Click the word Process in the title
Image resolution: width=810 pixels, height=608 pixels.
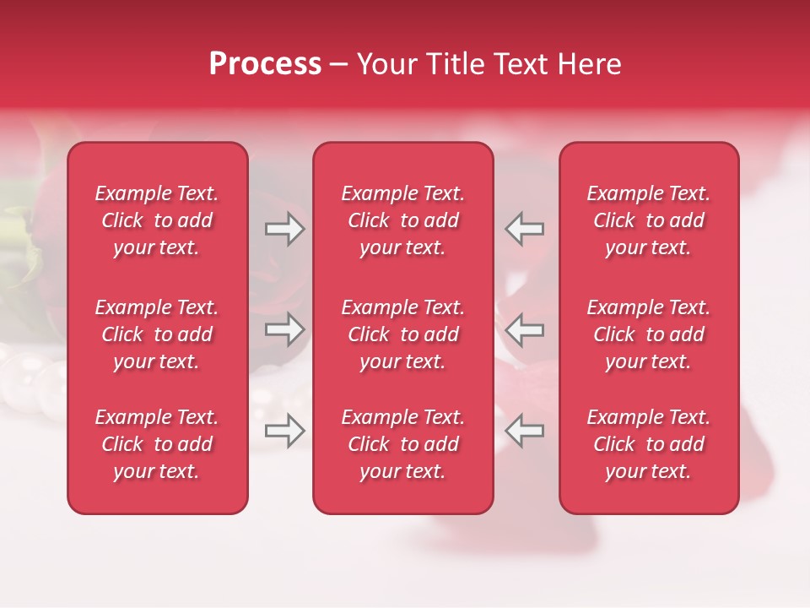(x=265, y=64)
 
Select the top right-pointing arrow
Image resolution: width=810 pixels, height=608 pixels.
(x=285, y=229)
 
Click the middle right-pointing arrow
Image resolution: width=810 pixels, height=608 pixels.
(x=285, y=329)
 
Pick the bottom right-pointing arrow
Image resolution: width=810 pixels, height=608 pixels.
(x=285, y=431)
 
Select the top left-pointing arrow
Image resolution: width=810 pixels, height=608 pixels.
(x=524, y=229)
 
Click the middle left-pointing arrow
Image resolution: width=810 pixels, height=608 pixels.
(x=524, y=329)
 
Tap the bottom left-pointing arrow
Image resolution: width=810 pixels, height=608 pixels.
(x=524, y=431)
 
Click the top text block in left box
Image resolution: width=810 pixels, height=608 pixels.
(x=157, y=220)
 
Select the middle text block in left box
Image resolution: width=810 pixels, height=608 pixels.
(x=157, y=334)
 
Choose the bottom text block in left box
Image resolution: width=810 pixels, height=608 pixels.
(x=157, y=444)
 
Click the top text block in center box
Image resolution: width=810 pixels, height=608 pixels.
(x=402, y=220)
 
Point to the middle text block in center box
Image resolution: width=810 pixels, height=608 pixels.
(x=402, y=334)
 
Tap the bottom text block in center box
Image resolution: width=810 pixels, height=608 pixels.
(x=402, y=444)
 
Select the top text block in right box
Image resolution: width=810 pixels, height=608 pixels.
(x=648, y=220)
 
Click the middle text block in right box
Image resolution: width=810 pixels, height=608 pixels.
(x=648, y=334)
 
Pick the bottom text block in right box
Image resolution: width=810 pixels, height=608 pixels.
(x=648, y=444)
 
